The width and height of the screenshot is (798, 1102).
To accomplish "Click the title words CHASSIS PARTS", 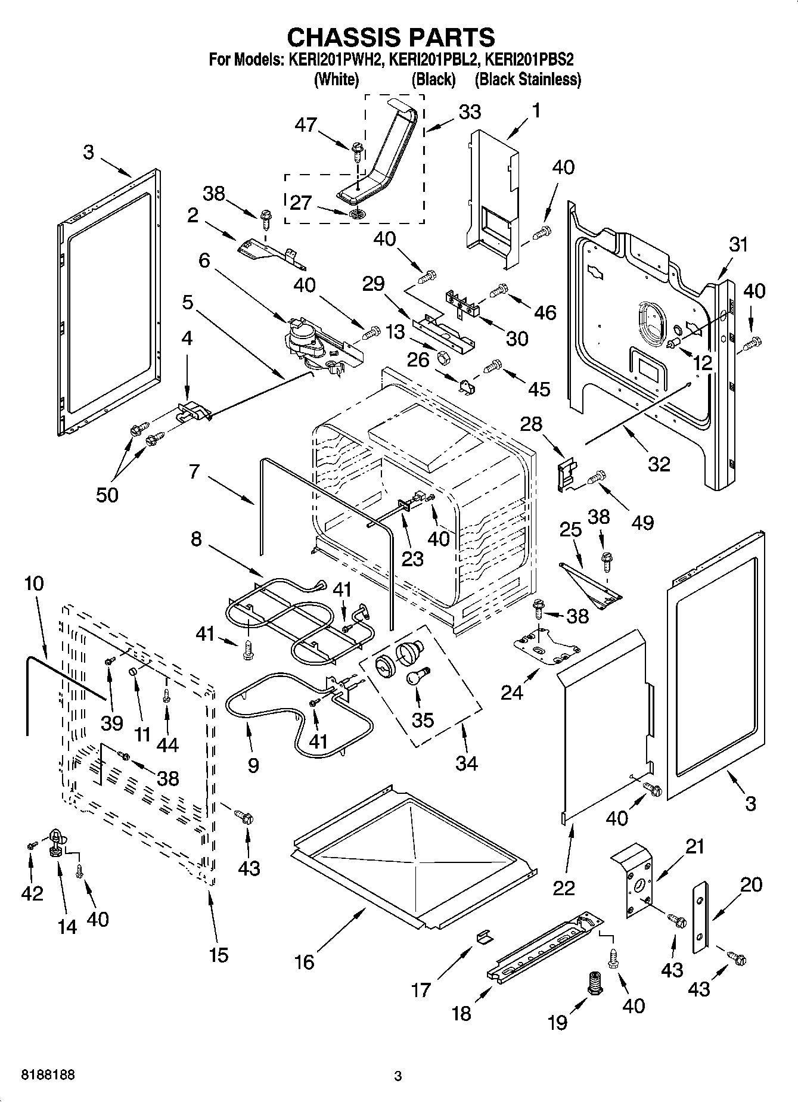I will click(x=391, y=38).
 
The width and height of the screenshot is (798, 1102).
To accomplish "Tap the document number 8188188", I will click(x=48, y=1075).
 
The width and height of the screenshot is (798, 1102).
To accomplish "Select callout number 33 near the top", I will click(x=470, y=112).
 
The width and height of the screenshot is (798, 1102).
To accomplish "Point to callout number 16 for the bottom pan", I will click(x=304, y=961).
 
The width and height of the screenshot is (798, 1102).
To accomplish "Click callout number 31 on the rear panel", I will click(x=738, y=244).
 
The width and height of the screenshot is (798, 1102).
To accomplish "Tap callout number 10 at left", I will click(x=34, y=583).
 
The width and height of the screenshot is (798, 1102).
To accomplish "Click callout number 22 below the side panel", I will click(x=563, y=887).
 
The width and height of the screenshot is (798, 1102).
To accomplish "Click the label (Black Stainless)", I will click(x=528, y=79).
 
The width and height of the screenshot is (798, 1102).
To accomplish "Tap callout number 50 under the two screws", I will click(x=107, y=494).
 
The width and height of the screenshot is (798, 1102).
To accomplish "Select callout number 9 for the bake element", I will click(x=253, y=765).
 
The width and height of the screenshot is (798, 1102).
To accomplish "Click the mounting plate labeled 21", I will click(x=636, y=880).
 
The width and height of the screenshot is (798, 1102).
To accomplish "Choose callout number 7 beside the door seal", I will click(x=194, y=472).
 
